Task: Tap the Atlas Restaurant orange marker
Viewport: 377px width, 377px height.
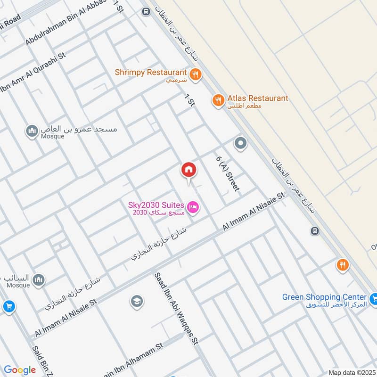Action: tap(218, 100)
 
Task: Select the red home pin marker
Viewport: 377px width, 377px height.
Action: tap(188, 170)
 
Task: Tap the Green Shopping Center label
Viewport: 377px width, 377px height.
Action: tap(324, 297)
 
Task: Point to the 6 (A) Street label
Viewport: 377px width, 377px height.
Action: tap(228, 173)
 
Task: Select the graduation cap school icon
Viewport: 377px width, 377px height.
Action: tap(137, 301)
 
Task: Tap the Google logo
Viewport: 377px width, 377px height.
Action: tap(20, 370)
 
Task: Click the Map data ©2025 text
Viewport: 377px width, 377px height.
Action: tap(352, 372)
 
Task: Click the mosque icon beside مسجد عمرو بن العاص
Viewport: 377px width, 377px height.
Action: tap(32, 131)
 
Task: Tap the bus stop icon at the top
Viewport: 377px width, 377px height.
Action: tap(146, 11)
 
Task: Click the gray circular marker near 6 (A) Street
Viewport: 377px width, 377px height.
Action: tap(240, 143)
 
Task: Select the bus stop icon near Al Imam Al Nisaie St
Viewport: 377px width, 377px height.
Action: tap(315, 231)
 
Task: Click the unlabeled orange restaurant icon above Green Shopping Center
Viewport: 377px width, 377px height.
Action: tap(343, 265)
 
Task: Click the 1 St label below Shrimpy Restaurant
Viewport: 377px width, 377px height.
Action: tap(189, 100)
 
